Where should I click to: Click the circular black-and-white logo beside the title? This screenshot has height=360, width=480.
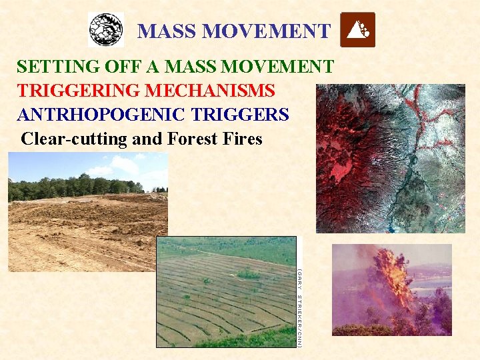106,30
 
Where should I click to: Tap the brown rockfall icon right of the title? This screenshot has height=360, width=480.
357,30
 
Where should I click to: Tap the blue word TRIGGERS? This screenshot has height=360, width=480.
240,115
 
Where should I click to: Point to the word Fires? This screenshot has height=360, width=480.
242,139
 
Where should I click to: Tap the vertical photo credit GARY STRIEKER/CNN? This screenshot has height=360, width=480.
300,307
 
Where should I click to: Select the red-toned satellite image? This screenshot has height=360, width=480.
390,158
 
